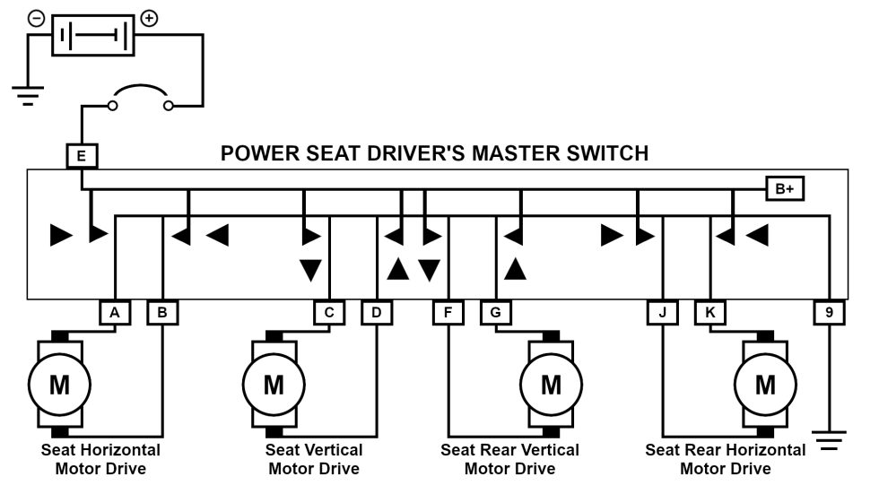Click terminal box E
tap(82, 157)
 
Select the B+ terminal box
tap(785, 188)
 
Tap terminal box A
tap(114, 312)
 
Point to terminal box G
tap(495, 312)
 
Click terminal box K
tap(709, 312)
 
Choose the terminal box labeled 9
tap(830, 312)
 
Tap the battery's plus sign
tap(150, 18)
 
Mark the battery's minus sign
tap(35, 18)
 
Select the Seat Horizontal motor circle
tap(59, 384)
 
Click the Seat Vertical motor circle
tap(274, 384)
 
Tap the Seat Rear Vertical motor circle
tap(551, 384)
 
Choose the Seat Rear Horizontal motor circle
tap(765, 384)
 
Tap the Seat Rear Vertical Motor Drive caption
tap(509, 459)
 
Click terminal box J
tap(662, 312)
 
